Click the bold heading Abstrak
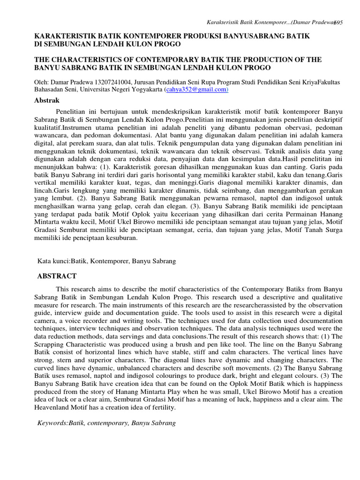pos(47,100)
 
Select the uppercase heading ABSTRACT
pos(57,276)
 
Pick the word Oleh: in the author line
pos(41,82)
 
